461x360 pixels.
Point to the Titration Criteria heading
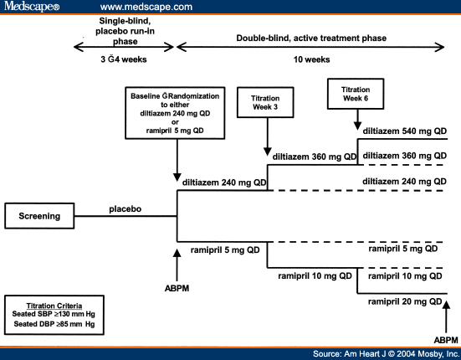pyautogui.click(x=54, y=306)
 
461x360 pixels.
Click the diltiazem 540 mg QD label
pyautogui.click(x=405, y=131)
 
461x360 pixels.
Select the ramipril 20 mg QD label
pyautogui.click(x=405, y=301)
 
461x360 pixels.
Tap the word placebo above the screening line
pyautogui.click(x=125, y=209)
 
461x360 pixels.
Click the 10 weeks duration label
pyautogui.click(x=311, y=59)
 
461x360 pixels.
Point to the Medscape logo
pyautogui.click(x=32, y=7)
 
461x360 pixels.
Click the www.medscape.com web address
pyautogui.click(x=146, y=7)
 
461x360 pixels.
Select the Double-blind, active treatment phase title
pyautogui.click(x=311, y=39)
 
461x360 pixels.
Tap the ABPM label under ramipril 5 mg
pyautogui.click(x=177, y=288)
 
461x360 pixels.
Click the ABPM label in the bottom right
pyautogui.click(x=446, y=340)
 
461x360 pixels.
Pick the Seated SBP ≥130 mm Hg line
pyautogui.click(x=54, y=314)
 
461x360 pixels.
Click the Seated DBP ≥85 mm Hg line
pyautogui.click(x=54, y=324)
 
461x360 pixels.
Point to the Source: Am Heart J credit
pyautogui.click(x=386, y=353)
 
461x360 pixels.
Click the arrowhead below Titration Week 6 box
pyautogui.click(x=357, y=126)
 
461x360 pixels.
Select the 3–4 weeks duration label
pyautogui.click(x=124, y=59)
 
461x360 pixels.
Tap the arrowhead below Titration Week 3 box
pyautogui.click(x=267, y=152)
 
